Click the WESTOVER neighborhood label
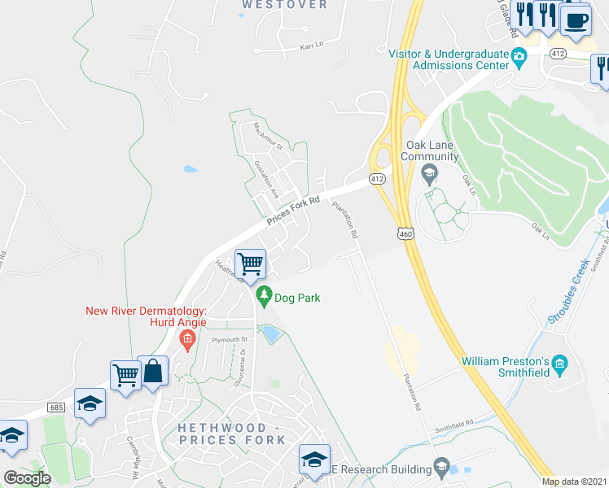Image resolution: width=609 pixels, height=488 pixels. pyautogui.click(x=285, y=5)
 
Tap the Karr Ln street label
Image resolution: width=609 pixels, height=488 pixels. pyautogui.click(x=312, y=46)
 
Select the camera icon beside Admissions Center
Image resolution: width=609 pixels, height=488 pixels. pyautogui.click(x=519, y=57)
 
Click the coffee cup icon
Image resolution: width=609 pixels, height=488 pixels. pyautogui.click(x=576, y=18)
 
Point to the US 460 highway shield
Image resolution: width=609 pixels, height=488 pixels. pyautogui.click(x=405, y=233)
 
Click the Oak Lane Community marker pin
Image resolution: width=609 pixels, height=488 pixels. pyautogui.click(x=428, y=173)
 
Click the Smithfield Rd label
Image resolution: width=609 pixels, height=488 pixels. pyautogui.click(x=454, y=425)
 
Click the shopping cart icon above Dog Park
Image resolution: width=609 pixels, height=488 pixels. pyautogui.click(x=251, y=263)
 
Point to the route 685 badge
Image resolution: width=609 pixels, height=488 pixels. pyautogui.click(x=55, y=406)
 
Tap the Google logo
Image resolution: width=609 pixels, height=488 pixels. pyautogui.click(x=27, y=478)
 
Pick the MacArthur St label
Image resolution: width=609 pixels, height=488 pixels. pyautogui.click(x=267, y=137)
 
